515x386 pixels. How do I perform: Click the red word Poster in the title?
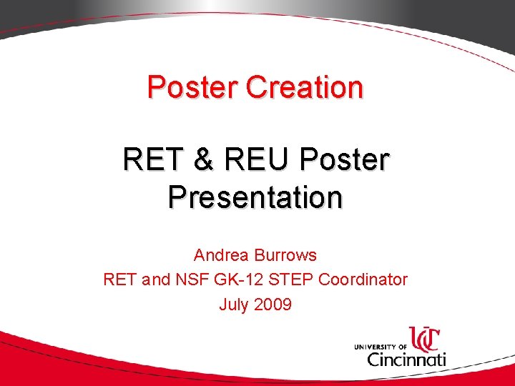point(193,87)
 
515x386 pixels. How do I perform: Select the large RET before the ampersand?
point(151,159)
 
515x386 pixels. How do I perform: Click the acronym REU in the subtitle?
point(252,159)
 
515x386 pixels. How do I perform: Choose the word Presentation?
point(255,197)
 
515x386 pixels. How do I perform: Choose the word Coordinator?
point(363,279)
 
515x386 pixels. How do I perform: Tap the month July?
point(233,305)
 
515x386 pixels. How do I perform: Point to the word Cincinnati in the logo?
point(406,358)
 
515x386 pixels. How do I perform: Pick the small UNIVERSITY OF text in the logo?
point(380,347)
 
